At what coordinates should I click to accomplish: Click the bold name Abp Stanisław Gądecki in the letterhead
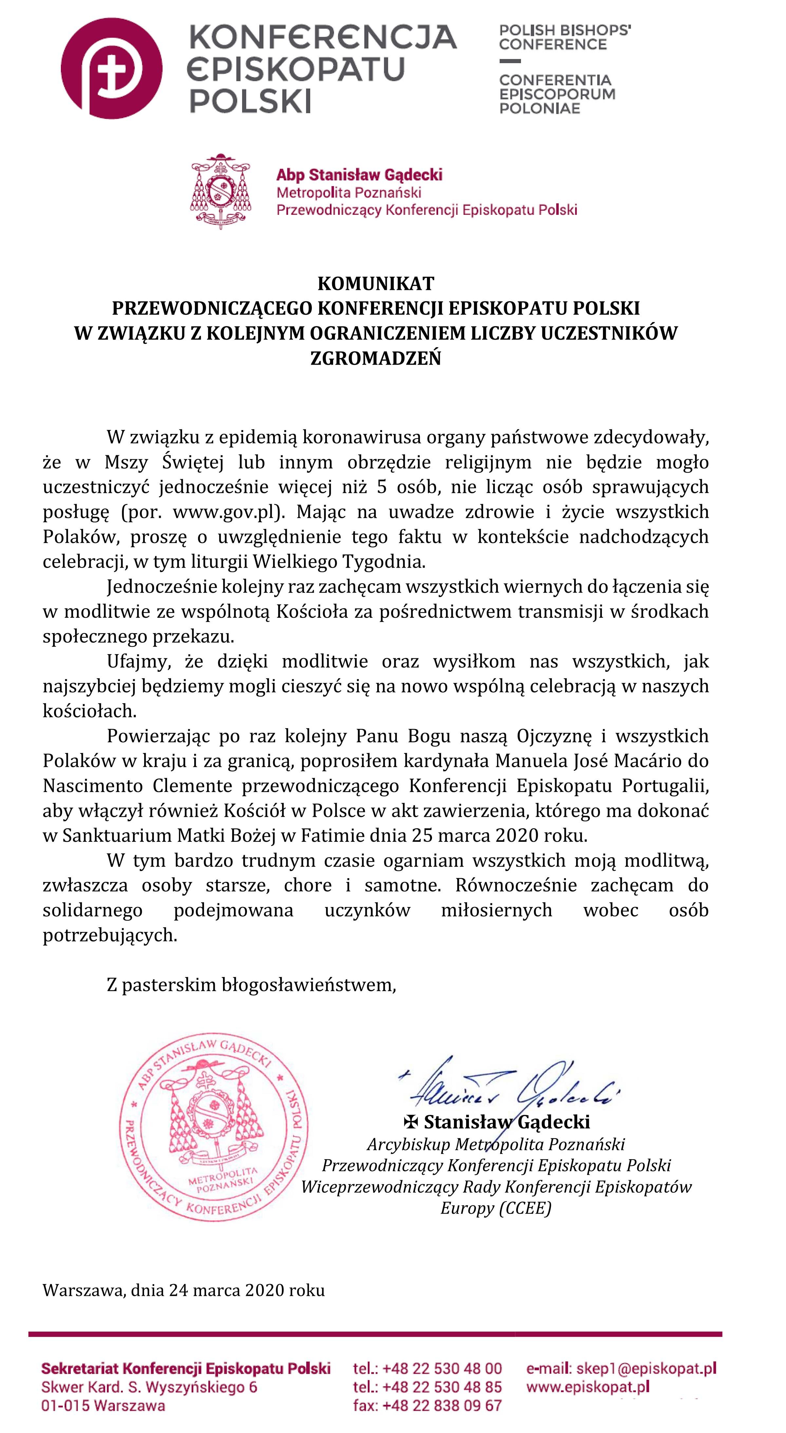(359, 175)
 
